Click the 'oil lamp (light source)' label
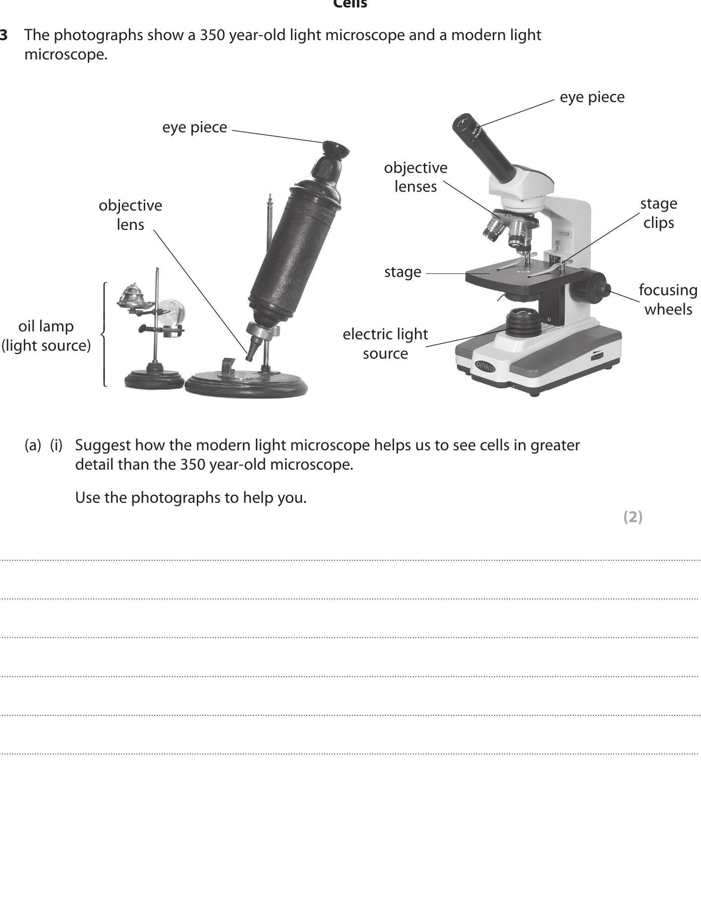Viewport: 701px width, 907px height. tap(46, 336)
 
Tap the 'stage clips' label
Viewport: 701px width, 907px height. tap(658, 213)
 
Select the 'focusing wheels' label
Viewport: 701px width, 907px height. tap(668, 299)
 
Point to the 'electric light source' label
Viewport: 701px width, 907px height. tap(385, 343)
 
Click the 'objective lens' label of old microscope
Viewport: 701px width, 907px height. tap(130, 214)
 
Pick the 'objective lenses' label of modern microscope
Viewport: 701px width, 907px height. tap(415, 177)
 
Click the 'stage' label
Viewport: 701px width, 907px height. tap(403, 272)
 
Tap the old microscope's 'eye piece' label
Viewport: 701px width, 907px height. tap(194, 127)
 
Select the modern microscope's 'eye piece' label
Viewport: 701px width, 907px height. tap(592, 97)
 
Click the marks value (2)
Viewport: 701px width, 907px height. tap(633, 517)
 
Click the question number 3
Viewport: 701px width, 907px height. tap(4, 35)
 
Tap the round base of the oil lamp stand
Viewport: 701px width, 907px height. tap(154, 380)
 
